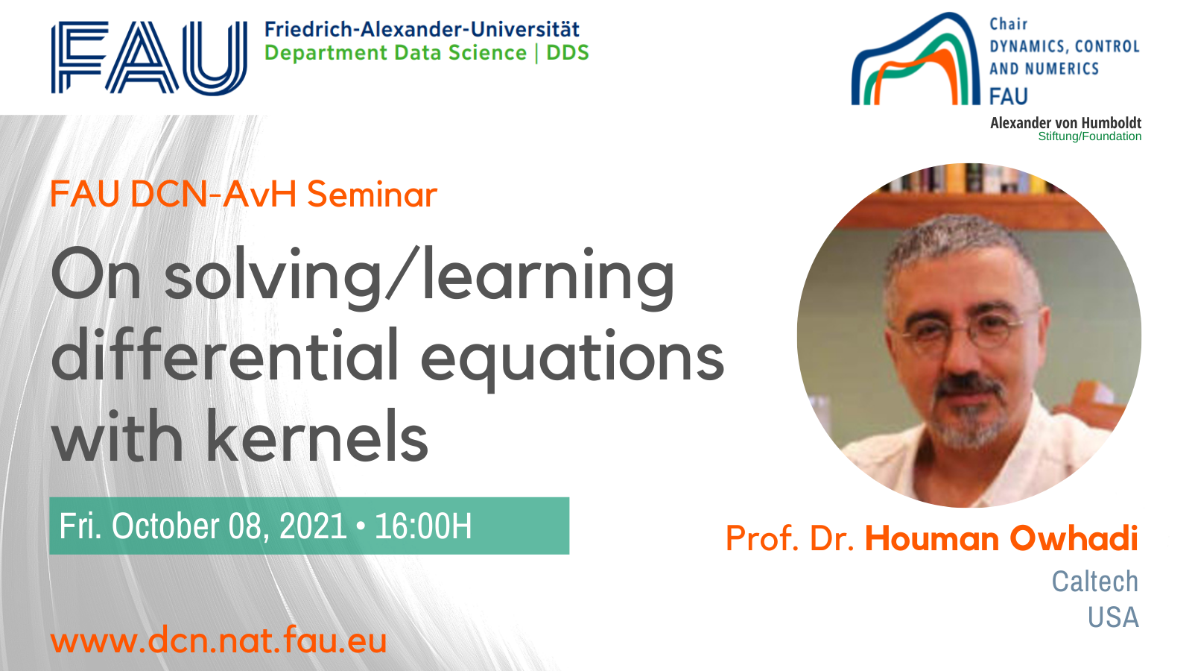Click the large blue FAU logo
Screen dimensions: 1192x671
coord(149,58)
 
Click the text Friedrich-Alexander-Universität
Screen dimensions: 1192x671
coord(422,29)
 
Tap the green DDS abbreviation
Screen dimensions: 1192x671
coord(568,53)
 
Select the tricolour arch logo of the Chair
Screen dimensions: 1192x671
coord(916,59)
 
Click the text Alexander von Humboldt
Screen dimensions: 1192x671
coord(1065,123)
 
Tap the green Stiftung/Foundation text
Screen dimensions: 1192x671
coord(1090,136)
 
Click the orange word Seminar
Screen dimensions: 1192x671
coord(372,194)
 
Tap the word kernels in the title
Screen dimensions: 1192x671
coord(317,435)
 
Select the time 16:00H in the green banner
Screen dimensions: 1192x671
coord(423,526)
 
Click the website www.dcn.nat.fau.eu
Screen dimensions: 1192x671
coord(219,639)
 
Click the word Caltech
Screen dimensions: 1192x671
coord(1094,581)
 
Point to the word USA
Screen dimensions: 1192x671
coord(1113,618)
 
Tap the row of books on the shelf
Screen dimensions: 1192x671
coord(968,178)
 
